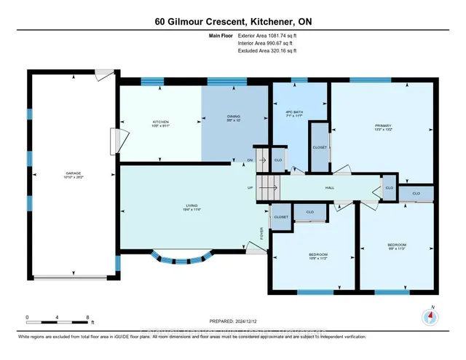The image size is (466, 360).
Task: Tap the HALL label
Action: pos(330,187)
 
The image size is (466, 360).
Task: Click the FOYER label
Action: pos(262,233)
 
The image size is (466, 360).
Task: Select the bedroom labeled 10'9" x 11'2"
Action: pos(315,256)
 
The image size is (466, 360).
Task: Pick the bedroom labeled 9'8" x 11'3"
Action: pos(396,246)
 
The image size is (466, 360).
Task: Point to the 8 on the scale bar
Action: pos(88,318)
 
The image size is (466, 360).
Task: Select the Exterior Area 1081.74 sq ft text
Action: pos(267,35)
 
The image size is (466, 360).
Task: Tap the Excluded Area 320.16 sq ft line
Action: pos(267,51)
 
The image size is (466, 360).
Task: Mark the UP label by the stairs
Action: pos(250,188)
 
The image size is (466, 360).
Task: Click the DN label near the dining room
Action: pos(250,160)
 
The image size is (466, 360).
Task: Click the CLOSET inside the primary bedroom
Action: pos(319,146)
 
